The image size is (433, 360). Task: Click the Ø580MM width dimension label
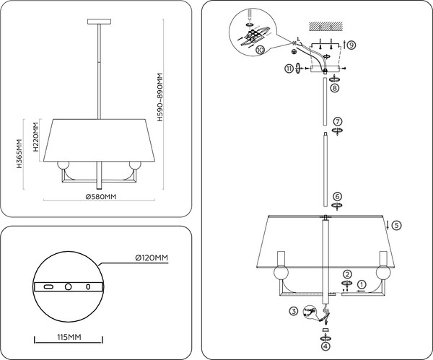[x=101, y=196]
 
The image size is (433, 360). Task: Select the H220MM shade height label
[x=33, y=137]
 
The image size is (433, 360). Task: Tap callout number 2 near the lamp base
[x=347, y=273]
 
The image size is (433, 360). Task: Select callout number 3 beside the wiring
[x=294, y=311]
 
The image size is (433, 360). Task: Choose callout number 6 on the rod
[x=337, y=196]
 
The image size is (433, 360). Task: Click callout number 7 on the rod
[x=337, y=121]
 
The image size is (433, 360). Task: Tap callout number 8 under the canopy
[x=335, y=87]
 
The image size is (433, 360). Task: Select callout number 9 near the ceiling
[x=351, y=45]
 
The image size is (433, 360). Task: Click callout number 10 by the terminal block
[x=260, y=50]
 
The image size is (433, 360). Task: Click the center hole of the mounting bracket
[x=68, y=286]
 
